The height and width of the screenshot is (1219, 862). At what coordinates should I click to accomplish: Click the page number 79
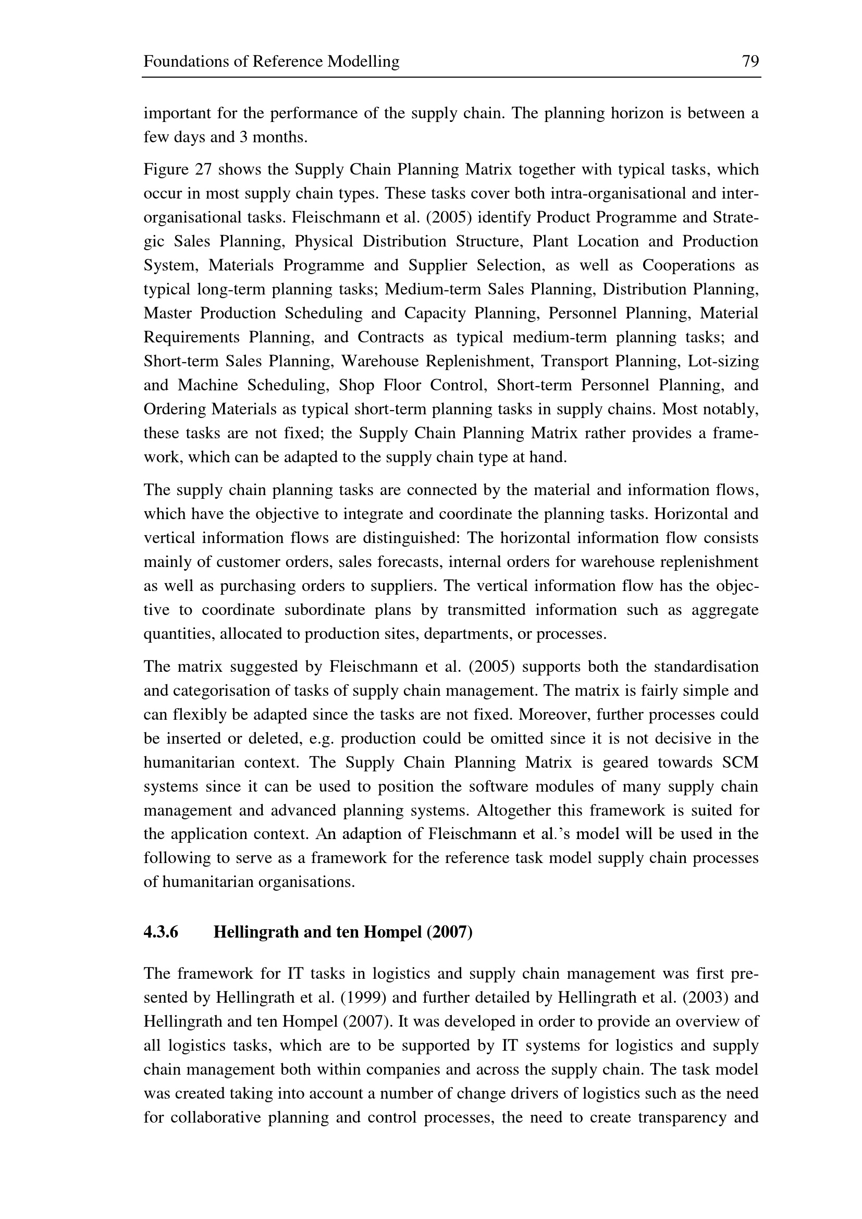750,62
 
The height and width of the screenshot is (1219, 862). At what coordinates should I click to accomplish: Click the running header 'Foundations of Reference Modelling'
271,62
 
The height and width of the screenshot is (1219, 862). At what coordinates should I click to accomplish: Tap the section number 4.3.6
161,932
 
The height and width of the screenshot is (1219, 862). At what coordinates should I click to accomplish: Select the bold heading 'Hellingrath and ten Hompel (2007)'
342,932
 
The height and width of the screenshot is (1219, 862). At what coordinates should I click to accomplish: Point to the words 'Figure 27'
177,170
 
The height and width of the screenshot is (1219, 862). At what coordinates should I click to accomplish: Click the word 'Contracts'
391,338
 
